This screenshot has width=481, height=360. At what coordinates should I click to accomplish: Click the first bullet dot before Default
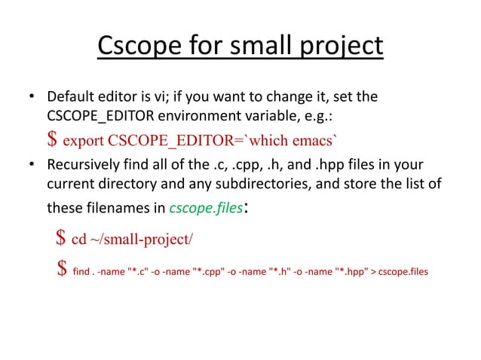tap(32, 97)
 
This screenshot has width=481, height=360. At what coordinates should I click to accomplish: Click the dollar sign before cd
tap(60, 239)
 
